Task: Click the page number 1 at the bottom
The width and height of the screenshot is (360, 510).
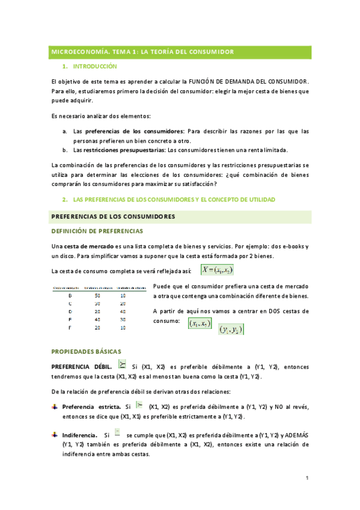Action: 307,478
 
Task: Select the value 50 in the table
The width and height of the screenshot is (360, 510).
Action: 97,295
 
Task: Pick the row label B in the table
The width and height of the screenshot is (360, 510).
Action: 70,295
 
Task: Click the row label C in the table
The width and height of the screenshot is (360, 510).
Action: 70,303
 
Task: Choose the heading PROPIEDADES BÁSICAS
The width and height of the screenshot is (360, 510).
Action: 87,351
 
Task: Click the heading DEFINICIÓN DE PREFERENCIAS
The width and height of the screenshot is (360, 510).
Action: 97,231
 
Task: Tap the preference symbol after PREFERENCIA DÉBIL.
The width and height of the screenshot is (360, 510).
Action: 123,364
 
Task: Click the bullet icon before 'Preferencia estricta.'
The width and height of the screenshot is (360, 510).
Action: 56,407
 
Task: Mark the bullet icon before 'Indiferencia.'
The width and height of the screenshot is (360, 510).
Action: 56,434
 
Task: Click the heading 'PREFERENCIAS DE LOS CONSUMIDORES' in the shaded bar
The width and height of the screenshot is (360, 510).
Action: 113,217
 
